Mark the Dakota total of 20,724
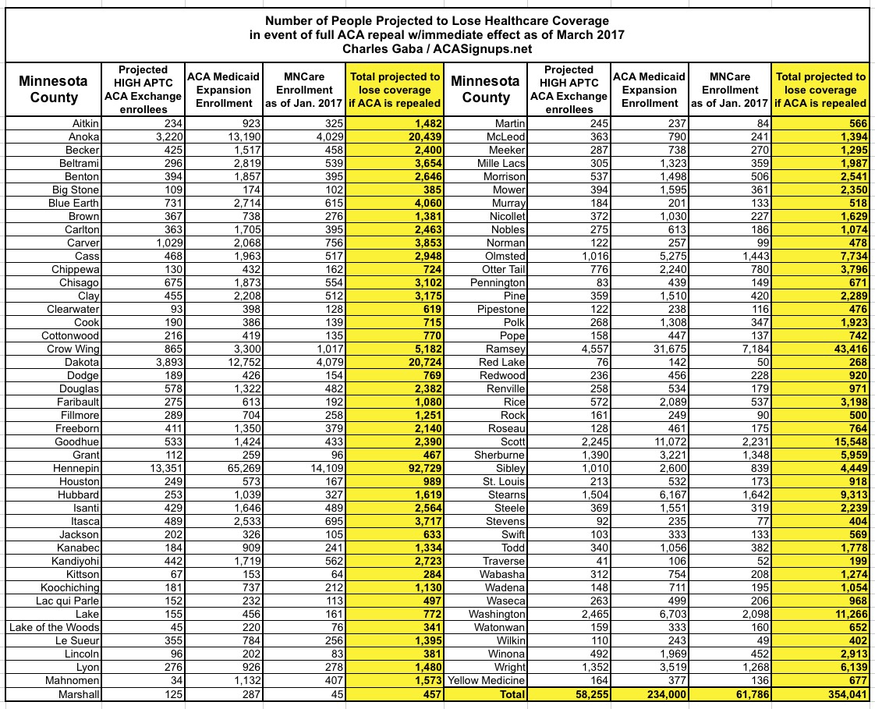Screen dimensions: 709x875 coord(419,361)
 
